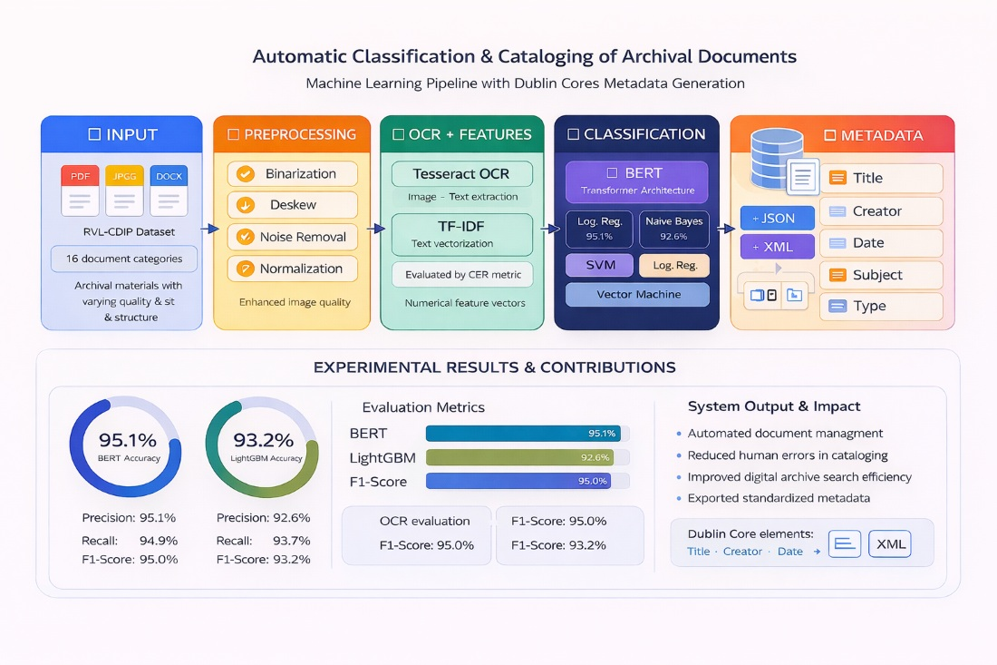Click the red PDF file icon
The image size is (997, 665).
[x=80, y=190]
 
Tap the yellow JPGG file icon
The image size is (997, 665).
[x=124, y=190]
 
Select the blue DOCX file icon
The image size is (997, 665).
[x=169, y=190]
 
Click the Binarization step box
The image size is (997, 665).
[x=292, y=174]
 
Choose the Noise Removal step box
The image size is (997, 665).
[x=292, y=237]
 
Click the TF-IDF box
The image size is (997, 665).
[x=462, y=234]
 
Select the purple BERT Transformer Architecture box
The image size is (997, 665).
[x=637, y=181]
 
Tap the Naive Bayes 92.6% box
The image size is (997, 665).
[x=674, y=229]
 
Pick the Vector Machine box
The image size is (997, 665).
[x=637, y=295]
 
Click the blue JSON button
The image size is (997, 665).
[x=777, y=218]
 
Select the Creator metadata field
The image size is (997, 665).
[x=881, y=211]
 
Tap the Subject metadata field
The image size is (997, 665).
[x=881, y=275]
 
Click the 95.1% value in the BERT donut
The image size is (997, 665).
[x=127, y=441]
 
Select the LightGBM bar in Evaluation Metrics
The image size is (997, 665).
[x=519, y=457]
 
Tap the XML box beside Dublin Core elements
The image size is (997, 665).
[x=889, y=543]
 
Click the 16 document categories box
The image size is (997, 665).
[x=124, y=259]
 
